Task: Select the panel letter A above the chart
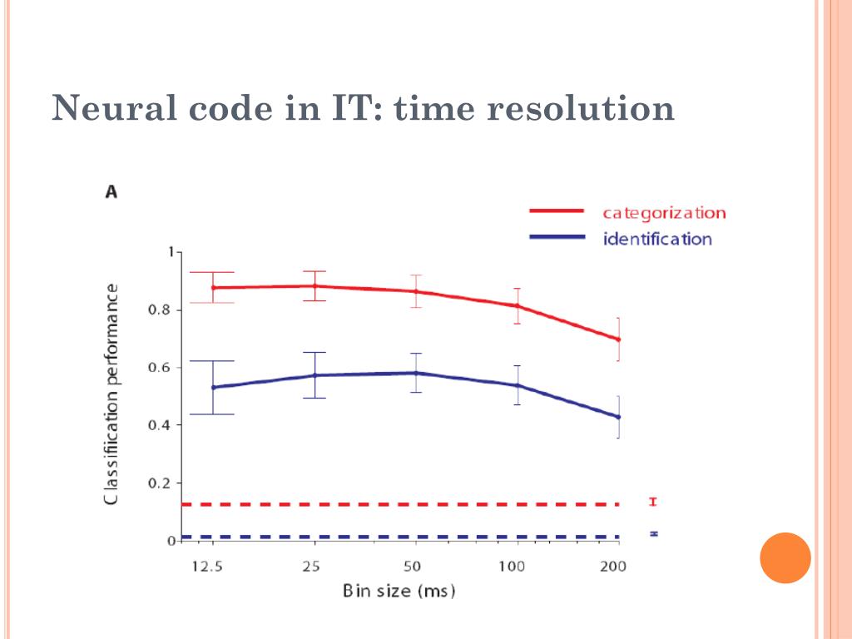111,192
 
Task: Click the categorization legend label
664,213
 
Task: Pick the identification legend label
657,240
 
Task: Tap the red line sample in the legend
557,212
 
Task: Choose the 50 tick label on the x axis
413,567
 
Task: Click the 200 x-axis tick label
614,567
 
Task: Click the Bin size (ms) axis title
399,592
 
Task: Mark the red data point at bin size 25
315,286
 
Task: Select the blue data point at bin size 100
517,385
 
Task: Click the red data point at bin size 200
618,339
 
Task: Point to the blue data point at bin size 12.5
213,387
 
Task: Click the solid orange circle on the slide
785,557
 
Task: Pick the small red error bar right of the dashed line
653,502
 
